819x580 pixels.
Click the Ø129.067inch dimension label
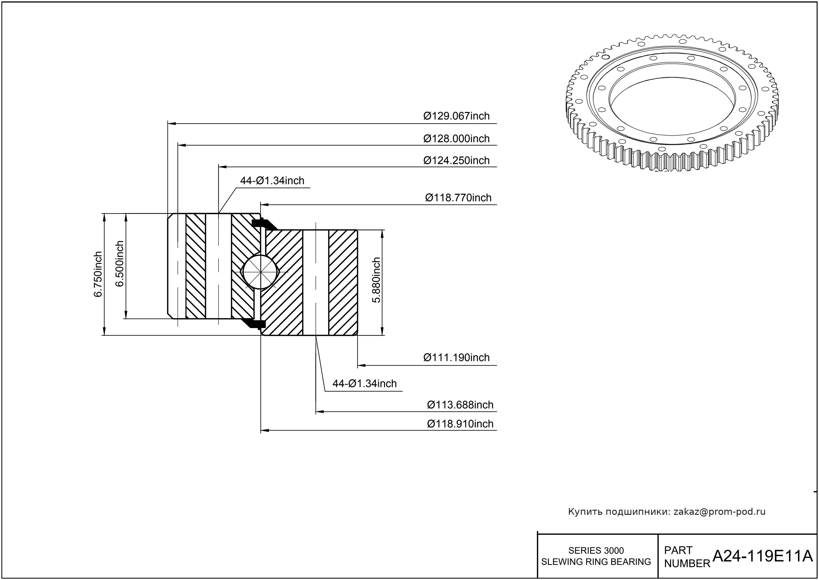(x=456, y=116)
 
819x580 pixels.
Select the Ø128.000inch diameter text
(x=456, y=139)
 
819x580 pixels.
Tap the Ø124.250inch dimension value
(x=456, y=160)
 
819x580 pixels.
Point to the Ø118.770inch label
(x=458, y=198)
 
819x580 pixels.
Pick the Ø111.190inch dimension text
(x=456, y=357)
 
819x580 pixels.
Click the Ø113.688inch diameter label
(x=460, y=405)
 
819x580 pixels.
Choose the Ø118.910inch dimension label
(x=460, y=424)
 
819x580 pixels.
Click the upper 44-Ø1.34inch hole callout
(x=272, y=181)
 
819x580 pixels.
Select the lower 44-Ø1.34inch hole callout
(x=365, y=383)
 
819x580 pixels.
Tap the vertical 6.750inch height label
(x=98, y=274)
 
